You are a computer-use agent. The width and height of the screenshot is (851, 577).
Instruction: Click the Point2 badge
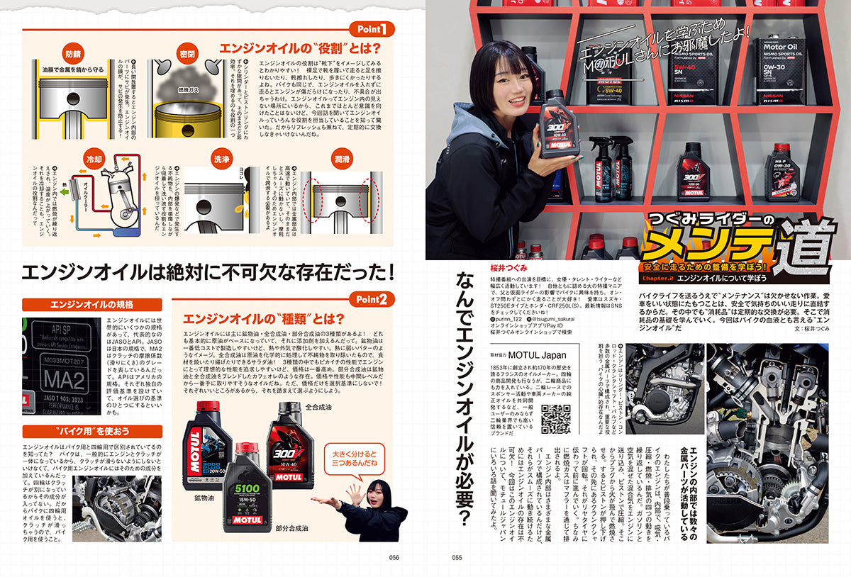coord(371,298)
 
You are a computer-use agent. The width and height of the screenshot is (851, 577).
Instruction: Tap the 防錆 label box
coord(73,53)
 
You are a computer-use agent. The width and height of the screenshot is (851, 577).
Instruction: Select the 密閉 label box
coord(187,53)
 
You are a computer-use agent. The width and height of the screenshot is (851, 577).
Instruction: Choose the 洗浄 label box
coord(223,160)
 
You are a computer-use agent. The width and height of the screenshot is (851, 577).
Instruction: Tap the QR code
coord(556,418)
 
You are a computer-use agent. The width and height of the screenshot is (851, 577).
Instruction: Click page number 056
coord(395,557)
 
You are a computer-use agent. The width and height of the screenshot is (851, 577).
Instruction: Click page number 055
coord(457,557)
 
